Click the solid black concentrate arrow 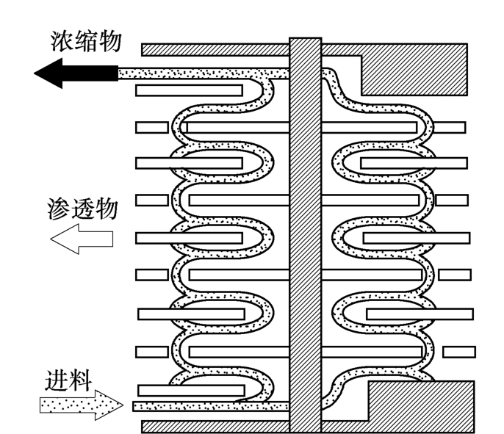pyautogui.click(x=73, y=74)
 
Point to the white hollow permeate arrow pyautogui.click(x=81, y=240)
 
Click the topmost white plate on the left pyautogui.click(x=190, y=90)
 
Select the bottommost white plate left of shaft pyautogui.click(x=191, y=390)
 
